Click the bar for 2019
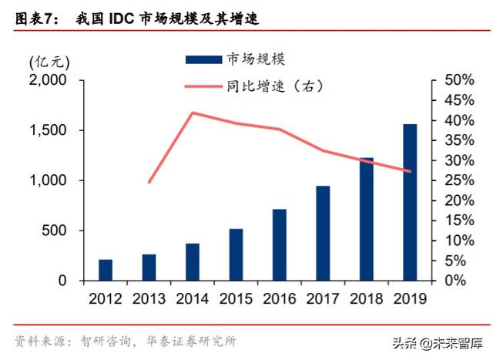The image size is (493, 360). click(x=410, y=203)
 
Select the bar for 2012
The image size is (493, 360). click(x=106, y=271)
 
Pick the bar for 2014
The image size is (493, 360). click(x=192, y=262)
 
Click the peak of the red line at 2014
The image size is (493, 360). click(x=192, y=113)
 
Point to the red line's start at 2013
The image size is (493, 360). click(x=149, y=183)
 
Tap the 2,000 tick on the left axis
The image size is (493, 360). click(x=47, y=80)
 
